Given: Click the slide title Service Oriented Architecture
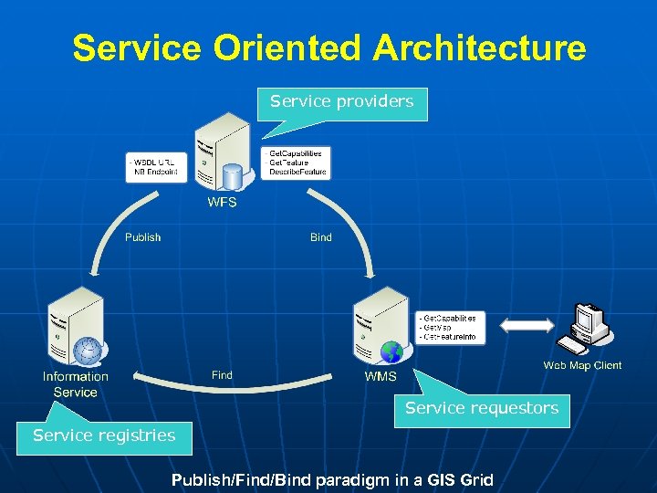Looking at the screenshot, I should (328, 47).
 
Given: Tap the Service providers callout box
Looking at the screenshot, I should (342, 101).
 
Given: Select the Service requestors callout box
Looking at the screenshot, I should (482, 409).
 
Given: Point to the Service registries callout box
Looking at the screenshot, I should (104, 435).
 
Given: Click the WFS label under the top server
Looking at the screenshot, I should (222, 203).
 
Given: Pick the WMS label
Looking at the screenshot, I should (381, 376).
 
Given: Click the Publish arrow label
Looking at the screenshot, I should (142, 237).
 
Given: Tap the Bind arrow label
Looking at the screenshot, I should (321, 237).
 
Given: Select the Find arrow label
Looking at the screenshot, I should (222, 375).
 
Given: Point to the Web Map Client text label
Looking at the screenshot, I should (582, 365).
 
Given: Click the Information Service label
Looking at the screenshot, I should (76, 384).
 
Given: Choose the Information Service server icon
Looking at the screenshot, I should (77, 326).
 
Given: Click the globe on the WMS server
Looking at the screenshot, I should (391, 352).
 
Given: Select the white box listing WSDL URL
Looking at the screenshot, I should (154, 167).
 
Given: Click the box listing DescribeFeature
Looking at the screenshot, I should (295, 163).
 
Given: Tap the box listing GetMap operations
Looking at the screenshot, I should (448, 327).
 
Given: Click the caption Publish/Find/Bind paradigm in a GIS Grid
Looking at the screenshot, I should (332, 479).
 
